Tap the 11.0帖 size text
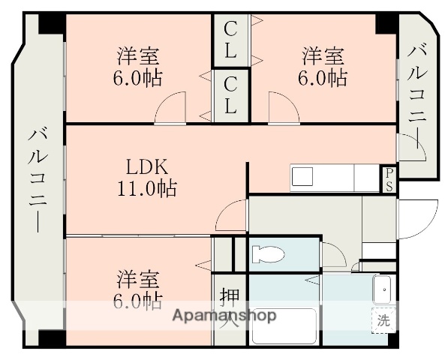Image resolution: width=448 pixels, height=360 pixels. [x=146, y=188]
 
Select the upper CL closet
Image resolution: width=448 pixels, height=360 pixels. [x=230, y=40]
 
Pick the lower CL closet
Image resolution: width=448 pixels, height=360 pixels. [x=230, y=95]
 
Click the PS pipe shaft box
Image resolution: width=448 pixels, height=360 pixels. [x=389, y=179]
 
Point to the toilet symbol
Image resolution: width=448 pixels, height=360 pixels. [x=268, y=254]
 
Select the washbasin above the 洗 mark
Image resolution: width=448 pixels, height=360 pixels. [x=383, y=289]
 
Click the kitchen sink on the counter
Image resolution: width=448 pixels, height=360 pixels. [x=303, y=178]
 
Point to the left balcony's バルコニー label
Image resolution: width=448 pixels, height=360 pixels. [x=38, y=180]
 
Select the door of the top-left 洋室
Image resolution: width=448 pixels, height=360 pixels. [x=170, y=107]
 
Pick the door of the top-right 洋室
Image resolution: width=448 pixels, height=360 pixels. [x=284, y=107]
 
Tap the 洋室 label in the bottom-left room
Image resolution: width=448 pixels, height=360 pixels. [x=138, y=279]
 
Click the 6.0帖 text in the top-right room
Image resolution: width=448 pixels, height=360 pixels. [x=324, y=77]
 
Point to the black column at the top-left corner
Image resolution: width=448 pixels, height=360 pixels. [x=52, y=22]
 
